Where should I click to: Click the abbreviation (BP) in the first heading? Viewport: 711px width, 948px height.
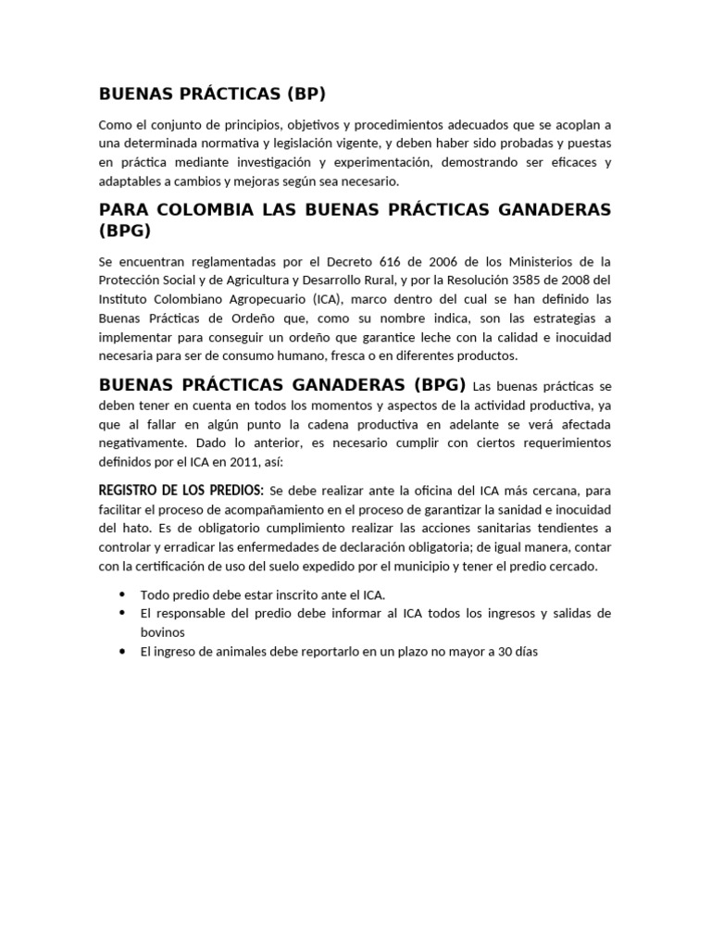306,94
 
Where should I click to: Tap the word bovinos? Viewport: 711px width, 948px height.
163,632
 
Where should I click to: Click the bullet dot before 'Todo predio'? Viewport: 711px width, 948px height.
122,594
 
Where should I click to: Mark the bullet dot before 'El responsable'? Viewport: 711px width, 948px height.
122,614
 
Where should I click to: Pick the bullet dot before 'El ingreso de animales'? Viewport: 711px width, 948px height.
122,652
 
